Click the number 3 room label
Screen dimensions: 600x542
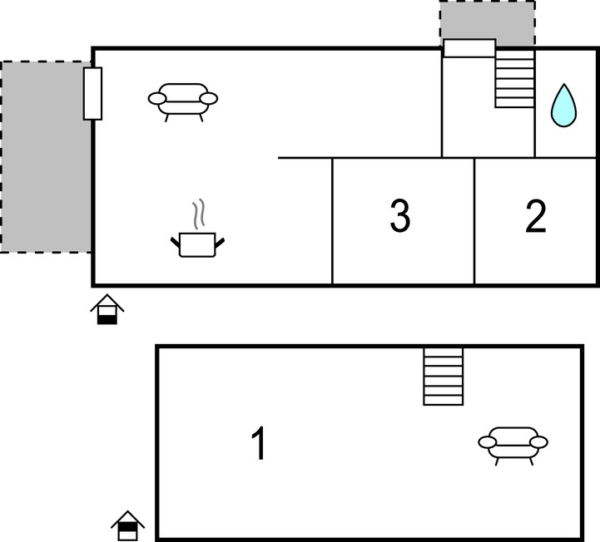click(400, 215)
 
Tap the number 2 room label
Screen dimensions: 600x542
click(535, 216)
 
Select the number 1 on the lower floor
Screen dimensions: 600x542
click(259, 443)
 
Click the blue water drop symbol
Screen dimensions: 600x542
click(563, 106)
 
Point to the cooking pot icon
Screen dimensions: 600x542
click(197, 244)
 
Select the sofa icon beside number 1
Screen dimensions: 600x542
click(513, 446)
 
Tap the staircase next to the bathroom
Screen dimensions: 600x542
click(514, 78)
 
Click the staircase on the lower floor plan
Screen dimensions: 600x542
click(444, 376)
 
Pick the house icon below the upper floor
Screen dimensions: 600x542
click(107, 309)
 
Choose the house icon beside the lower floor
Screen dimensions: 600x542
click(128, 525)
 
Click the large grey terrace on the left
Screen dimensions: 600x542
click(46, 157)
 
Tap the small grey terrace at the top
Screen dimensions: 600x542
click(487, 23)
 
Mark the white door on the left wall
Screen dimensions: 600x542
click(92, 94)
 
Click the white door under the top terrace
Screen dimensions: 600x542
click(469, 48)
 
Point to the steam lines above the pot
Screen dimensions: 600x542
click(198, 214)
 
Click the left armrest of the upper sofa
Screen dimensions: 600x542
click(157, 99)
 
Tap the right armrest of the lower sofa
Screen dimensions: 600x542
click(538, 442)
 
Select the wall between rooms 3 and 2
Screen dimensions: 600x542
click(474, 221)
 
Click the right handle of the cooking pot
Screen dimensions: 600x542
click(220, 243)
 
